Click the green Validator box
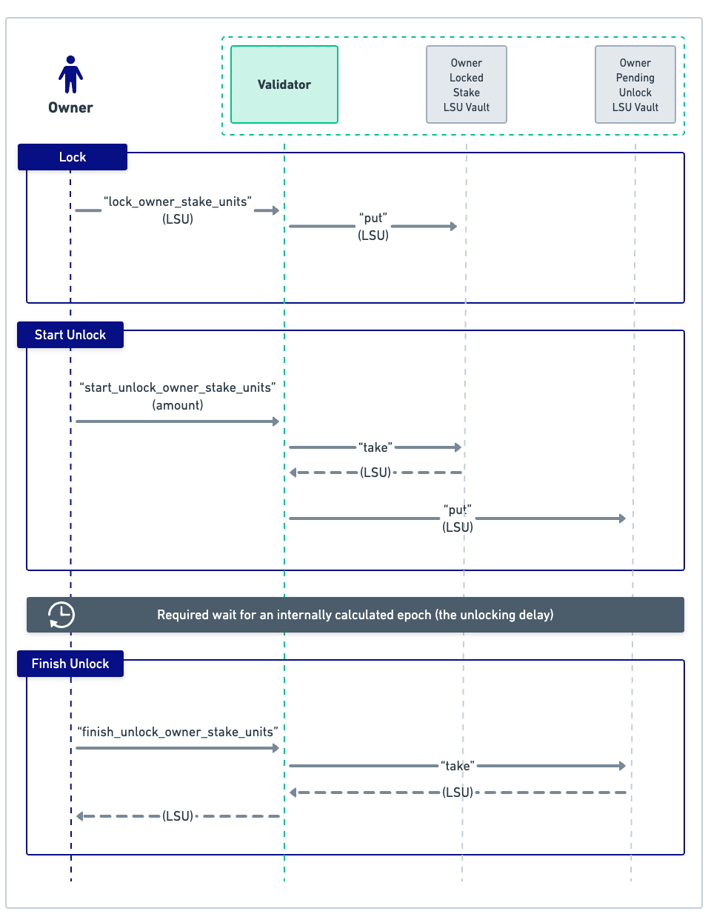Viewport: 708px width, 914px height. pyautogui.click(x=284, y=84)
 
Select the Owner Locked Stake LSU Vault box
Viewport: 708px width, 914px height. pyautogui.click(x=467, y=84)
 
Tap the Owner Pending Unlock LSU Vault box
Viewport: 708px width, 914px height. pyautogui.click(x=635, y=84)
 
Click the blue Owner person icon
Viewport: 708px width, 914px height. pyautogui.click(x=70, y=75)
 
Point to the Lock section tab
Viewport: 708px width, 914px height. pyautogui.click(x=73, y=157)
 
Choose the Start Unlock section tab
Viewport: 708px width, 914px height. pyautogui.click(x=70, y=335)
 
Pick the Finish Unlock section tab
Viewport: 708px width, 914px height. pyautogui.click(x=70, y=664)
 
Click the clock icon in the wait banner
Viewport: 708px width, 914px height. pyautogui.click(x=61, y=615)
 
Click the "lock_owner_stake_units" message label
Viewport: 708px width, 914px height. pyautogui.click(x=178, y=201)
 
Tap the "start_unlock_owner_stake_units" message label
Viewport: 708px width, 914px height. pyautogui.click(x=178, y=387)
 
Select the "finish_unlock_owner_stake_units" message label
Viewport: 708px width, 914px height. pyautogui.click(x=178, y=732)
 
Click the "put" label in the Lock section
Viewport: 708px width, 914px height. pyautogui.click(x=373, y=218)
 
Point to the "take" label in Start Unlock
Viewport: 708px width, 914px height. pyautogui.click(x=375, y=447)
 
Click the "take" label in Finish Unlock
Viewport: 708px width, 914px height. pyautogui.click(x=458, y=766)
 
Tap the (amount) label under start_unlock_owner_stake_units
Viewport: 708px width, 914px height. pyautogui.click(x=178, y=405)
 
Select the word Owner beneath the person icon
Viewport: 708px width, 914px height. pyautogui.click(x=70, y=107)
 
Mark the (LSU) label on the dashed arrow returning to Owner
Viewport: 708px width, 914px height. pyautogui.click(x=178, y=816)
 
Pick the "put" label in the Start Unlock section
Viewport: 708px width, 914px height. pyautogui.click(x=458, y=510)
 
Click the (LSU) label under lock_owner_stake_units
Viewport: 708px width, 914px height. pyautogui.click(x=178, y=219)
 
